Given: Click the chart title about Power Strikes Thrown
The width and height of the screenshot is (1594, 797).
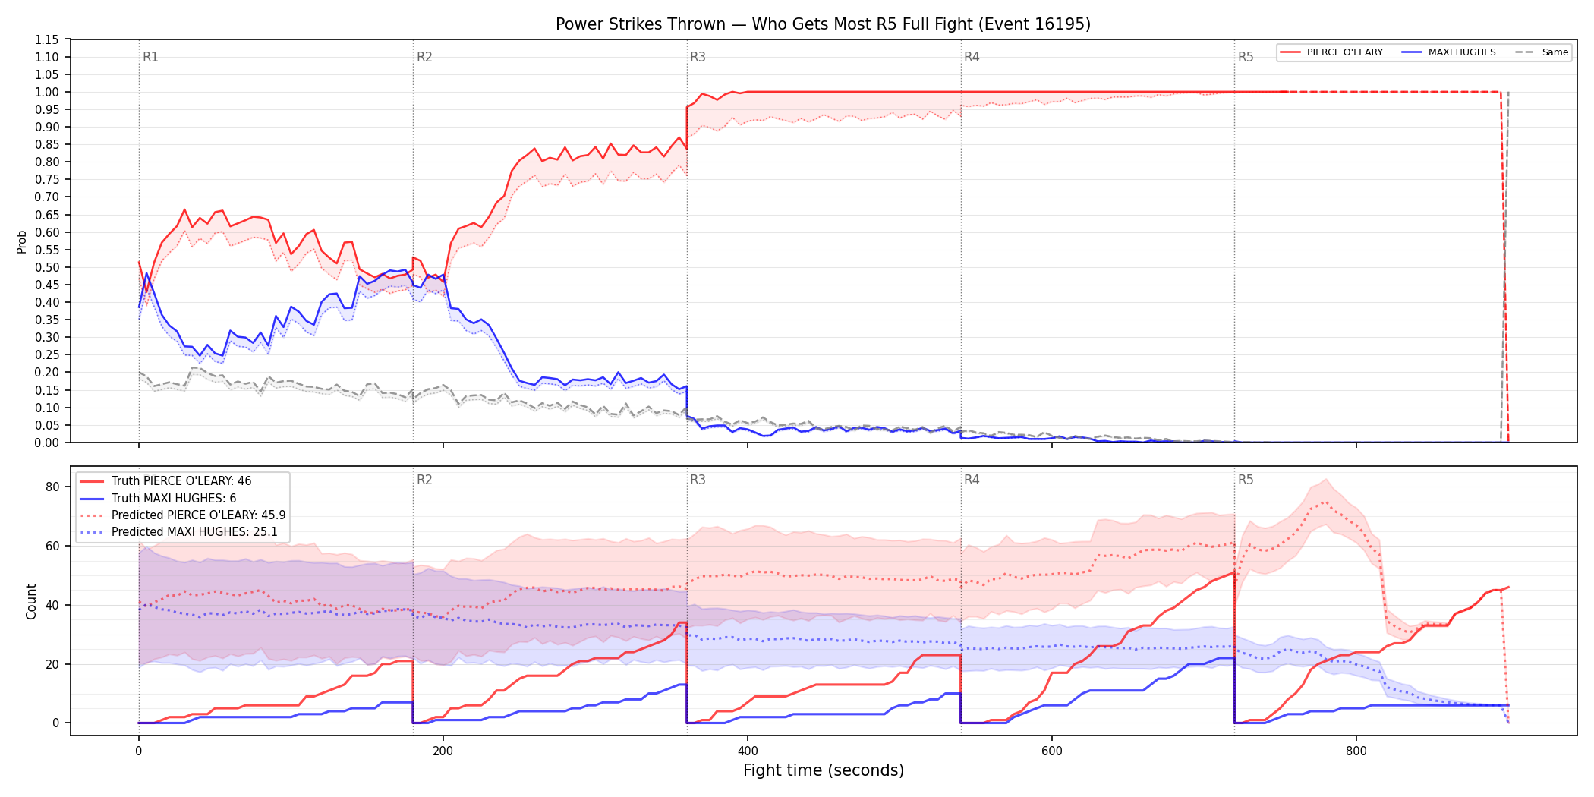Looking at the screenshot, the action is click(823, 24).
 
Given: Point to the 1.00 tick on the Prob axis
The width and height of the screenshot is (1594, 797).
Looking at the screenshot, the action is click(47, 92).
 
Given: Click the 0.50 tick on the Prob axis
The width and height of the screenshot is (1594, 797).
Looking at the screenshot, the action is click(47, 267).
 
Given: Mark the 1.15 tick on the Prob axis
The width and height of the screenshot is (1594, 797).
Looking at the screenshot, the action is click(47, 39).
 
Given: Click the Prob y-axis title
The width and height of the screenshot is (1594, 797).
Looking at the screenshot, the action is click(21, 241).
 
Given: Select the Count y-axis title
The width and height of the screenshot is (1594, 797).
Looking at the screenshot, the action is click(31, 601).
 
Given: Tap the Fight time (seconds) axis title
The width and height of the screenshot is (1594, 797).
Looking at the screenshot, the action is click(824, 770).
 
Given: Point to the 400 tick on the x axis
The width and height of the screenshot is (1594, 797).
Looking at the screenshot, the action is click(748, 751).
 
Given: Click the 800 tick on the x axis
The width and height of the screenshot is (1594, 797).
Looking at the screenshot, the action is click(1356, 751).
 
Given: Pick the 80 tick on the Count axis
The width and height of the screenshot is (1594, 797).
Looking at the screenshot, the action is click(52, 487).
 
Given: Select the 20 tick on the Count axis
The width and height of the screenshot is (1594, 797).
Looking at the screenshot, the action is click(52, 664).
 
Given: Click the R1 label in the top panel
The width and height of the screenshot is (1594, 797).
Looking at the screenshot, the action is click(150, 57).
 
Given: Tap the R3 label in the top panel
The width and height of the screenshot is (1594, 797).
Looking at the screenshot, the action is click(698, 57).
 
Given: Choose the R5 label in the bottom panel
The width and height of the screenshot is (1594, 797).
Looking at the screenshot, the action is click(1246, 480).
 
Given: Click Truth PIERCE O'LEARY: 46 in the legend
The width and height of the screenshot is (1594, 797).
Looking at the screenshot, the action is click(181, 481).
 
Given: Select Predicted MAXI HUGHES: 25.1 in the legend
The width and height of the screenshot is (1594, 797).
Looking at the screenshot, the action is click(194, 532).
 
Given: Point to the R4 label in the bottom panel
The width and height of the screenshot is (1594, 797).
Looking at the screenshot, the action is click(972, 480).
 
